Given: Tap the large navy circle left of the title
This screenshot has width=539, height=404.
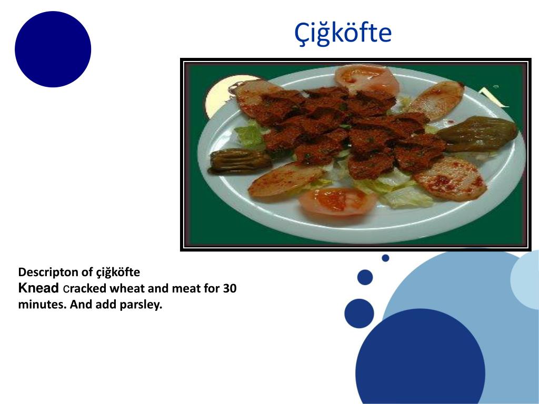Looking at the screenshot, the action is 53,49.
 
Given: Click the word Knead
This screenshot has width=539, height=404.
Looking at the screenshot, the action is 38,288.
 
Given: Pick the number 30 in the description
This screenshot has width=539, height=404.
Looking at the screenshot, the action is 229,288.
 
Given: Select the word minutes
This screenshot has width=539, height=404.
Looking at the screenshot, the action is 42,305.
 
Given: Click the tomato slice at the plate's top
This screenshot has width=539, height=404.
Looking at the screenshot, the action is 367,79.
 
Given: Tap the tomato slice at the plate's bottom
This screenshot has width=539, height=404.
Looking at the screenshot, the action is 337,201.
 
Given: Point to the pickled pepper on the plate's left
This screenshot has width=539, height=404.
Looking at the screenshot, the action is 240,161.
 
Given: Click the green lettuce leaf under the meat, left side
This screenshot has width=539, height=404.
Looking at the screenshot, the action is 250,136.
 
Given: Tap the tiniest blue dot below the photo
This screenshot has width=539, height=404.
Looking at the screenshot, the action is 385,258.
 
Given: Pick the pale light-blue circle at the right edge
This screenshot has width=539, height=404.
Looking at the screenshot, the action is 526,279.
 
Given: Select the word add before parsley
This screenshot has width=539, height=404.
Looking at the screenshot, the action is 106,305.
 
